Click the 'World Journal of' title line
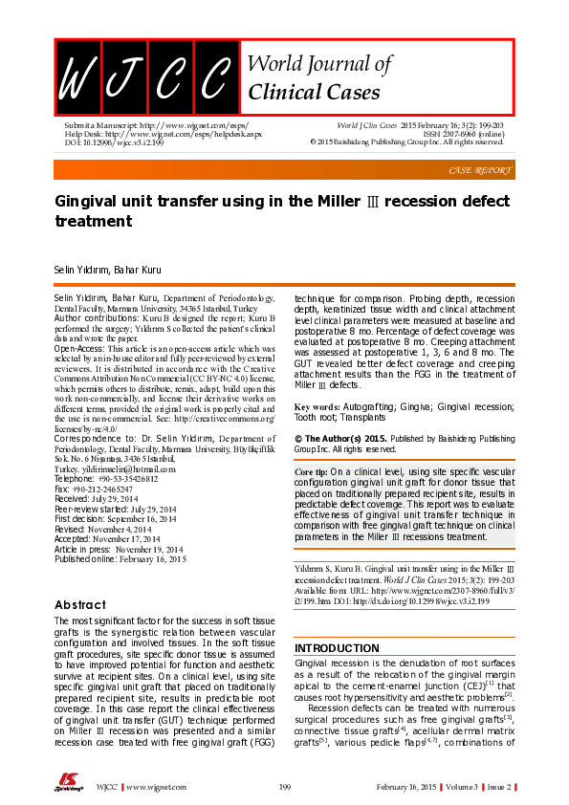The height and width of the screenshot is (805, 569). click(319, 64)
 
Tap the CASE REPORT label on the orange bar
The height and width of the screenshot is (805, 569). click(480, 170)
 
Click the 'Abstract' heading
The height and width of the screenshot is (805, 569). click(80, 604)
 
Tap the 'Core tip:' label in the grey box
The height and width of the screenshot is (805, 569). click(310, 473)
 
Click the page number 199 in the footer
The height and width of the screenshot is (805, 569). click(284, 787)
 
